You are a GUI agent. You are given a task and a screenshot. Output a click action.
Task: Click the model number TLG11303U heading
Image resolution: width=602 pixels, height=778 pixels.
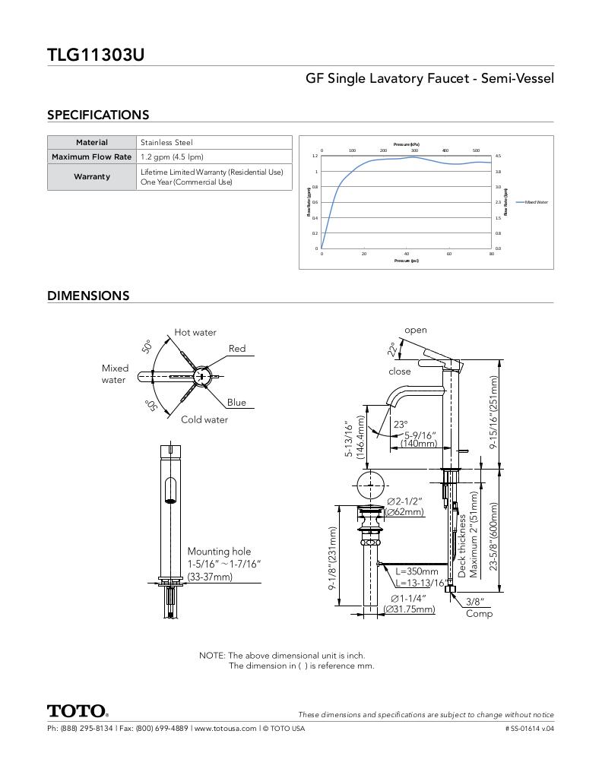[96, 55]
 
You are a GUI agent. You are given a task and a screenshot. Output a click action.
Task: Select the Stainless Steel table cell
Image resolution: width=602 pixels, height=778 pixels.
[166, 142]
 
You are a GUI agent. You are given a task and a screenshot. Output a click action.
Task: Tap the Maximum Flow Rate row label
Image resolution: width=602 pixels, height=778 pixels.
[92, 157]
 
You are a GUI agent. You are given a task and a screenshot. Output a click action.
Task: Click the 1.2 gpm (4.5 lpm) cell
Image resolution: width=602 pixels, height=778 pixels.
[172, 157]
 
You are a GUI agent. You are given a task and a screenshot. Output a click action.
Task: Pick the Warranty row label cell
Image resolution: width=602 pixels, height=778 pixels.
[92, 177]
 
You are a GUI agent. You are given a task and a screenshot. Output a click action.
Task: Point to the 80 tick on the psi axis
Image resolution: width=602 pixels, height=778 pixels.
[491, 254]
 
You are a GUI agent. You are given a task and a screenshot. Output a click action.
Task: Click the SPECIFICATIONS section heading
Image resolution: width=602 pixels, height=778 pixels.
[98, 115]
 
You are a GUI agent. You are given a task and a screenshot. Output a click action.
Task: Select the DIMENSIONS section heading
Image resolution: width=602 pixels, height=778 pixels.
[88, 296]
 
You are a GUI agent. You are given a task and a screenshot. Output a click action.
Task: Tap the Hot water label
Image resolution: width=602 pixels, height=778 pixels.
[195, 332]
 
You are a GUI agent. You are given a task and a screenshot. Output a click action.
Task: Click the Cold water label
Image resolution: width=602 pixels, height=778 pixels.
[204, 419]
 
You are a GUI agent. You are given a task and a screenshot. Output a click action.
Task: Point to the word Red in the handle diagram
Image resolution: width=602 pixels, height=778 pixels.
[237, 349]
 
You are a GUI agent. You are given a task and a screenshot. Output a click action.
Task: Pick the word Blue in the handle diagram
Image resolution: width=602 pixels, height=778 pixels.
[236, 403]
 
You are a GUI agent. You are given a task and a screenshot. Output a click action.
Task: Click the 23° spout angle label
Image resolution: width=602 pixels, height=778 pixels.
[400, 425]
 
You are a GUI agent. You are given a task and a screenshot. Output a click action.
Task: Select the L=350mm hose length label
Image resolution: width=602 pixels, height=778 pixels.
[417, 571]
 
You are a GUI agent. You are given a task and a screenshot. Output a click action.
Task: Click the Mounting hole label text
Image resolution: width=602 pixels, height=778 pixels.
[219, 552]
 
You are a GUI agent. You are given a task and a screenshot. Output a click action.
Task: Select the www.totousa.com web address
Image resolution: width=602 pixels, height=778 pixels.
[225, 729]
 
